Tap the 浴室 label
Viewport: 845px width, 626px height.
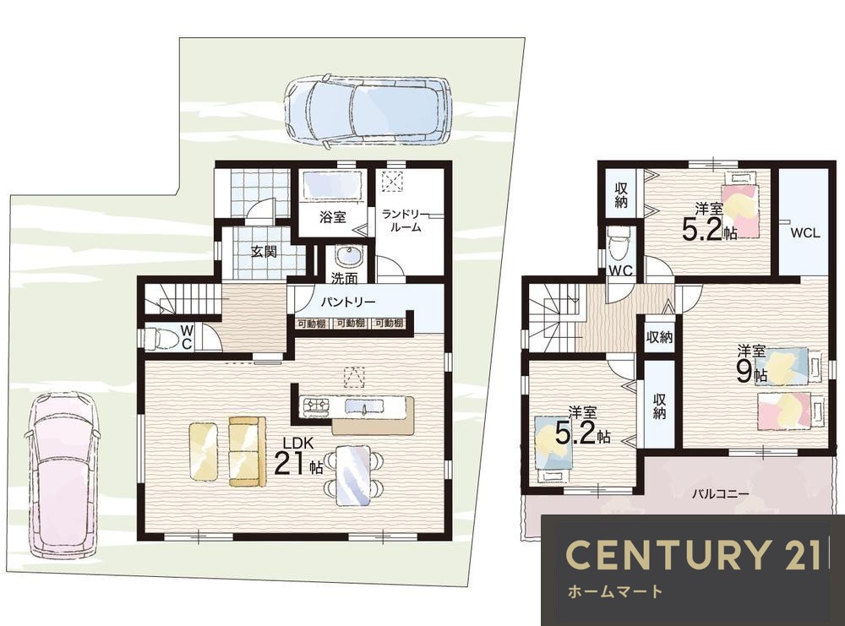[332, 217]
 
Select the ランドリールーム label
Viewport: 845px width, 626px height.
[405, 220]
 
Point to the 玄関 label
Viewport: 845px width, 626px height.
[264, 251]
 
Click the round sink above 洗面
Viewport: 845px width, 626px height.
[350, 257]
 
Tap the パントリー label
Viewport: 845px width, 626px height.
[348, 302]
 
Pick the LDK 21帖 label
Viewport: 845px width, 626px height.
[298, 457]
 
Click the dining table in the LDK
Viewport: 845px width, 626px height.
[353, 475]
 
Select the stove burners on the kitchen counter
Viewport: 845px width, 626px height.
[317, 405]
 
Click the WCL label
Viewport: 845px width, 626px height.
[805, 233]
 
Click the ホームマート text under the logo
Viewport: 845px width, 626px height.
[614, 592]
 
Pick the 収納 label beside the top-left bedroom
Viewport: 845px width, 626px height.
[621, 196]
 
